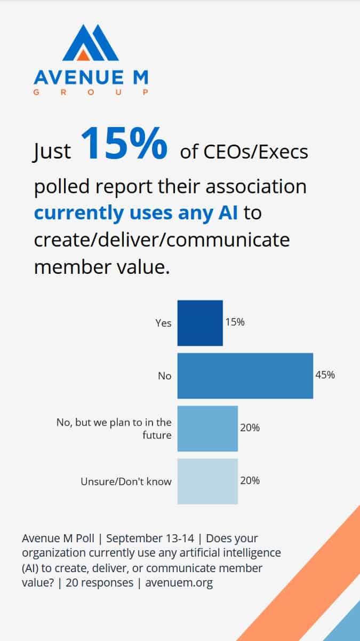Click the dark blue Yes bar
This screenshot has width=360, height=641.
click(200, 323)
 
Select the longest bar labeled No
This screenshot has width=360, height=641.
click(245, 376)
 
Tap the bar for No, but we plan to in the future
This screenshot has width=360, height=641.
click(207, 429)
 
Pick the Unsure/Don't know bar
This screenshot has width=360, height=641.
click(207, 481)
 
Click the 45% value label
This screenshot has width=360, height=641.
click(325, 375)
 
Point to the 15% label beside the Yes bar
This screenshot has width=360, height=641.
click(235, 322)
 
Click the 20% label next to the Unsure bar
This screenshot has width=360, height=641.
click(250, 480)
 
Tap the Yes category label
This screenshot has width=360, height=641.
click(163, 323)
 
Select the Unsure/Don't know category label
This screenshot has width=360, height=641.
click(126, 481)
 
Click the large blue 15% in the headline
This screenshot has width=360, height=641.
click(124, 144)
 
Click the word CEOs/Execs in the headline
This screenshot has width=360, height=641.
click(256, 152)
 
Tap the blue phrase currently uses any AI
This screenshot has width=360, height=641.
click(136, 213)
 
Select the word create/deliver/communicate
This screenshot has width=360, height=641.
click(162, 240)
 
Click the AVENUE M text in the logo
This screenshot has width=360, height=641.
click(91, 78)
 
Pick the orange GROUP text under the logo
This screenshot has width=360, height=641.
click(91, 92)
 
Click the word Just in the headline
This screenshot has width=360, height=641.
click(52, 152)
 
